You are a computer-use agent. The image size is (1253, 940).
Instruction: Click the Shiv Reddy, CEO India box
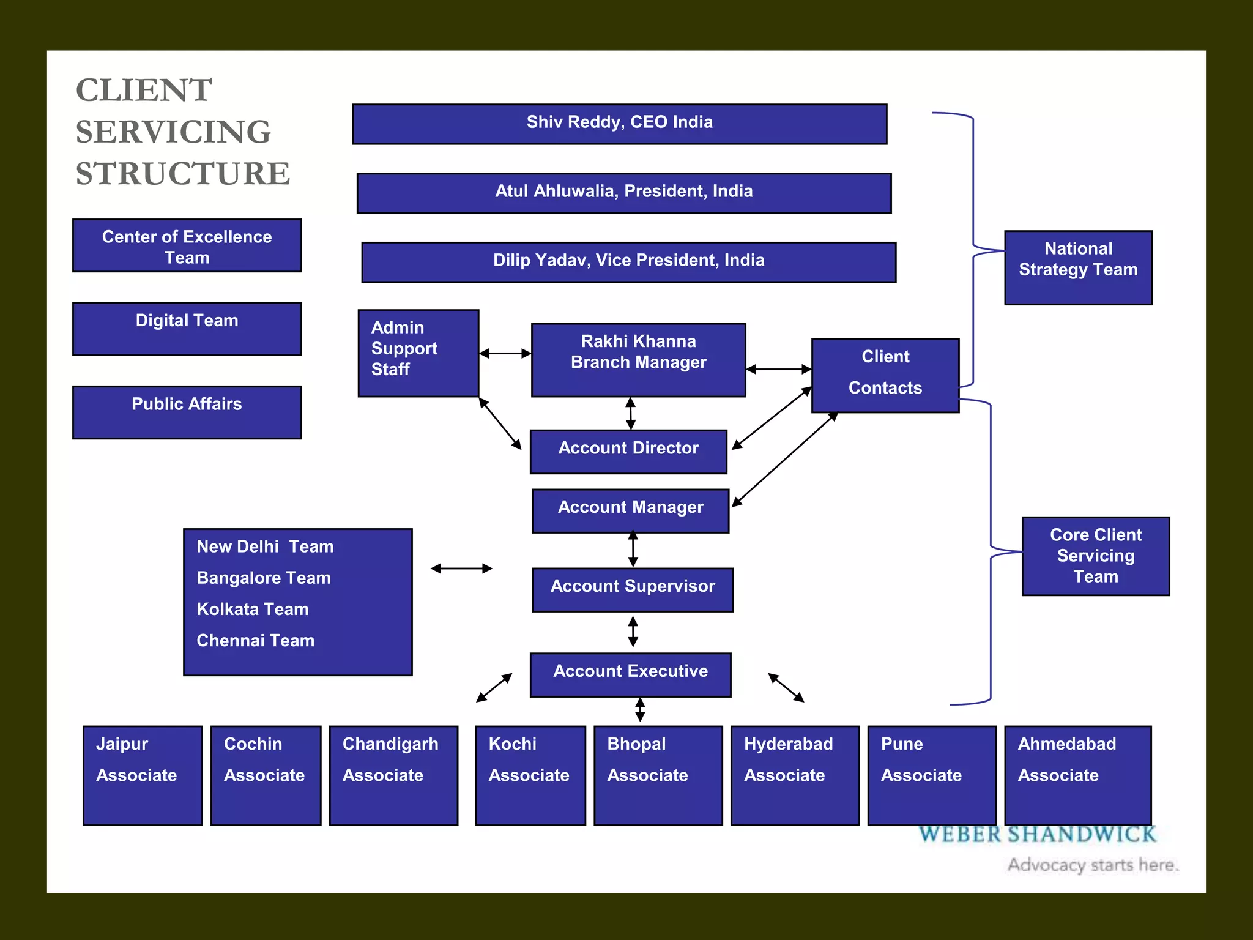[x=619, y=124]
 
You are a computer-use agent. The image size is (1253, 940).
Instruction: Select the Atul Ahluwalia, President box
[x=623, y=193]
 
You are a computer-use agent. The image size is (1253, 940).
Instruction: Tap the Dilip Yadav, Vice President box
[x=628, y=262]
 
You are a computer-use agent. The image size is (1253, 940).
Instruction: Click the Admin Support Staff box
[x=418, y=352]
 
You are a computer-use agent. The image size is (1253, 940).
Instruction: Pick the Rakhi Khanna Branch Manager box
[x=638, y=360]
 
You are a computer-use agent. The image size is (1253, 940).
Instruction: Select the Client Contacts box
[x=885, y=375]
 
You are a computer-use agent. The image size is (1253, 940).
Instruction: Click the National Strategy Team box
[x=1078, y=267]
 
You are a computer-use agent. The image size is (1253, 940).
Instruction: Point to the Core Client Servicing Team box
[x=1095, y=556]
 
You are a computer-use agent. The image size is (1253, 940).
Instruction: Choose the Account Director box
[x=628, y=451]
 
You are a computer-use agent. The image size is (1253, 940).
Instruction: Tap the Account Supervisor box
[x=632, y=589]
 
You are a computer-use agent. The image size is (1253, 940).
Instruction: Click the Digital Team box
[x=187, y=329]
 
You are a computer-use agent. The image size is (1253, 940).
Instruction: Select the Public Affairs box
[x=187, y=412]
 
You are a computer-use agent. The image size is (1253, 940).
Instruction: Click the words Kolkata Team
[x=253, y=609]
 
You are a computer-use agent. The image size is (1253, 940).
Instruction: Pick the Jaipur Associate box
[x=143, y=775]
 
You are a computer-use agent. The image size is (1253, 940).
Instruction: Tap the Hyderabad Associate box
[x=795, y=775]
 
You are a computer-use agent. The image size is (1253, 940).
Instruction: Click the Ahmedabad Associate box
[x=1077, y=775]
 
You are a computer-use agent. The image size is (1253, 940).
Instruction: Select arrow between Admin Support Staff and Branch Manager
[x=505, y=353]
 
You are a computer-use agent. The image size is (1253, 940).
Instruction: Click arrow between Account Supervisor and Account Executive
[x=633, y=632]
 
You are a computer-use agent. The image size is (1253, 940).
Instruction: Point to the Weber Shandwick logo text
[x=1038, y=835]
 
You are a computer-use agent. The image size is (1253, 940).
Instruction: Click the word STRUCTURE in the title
[x=183, y=174]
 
